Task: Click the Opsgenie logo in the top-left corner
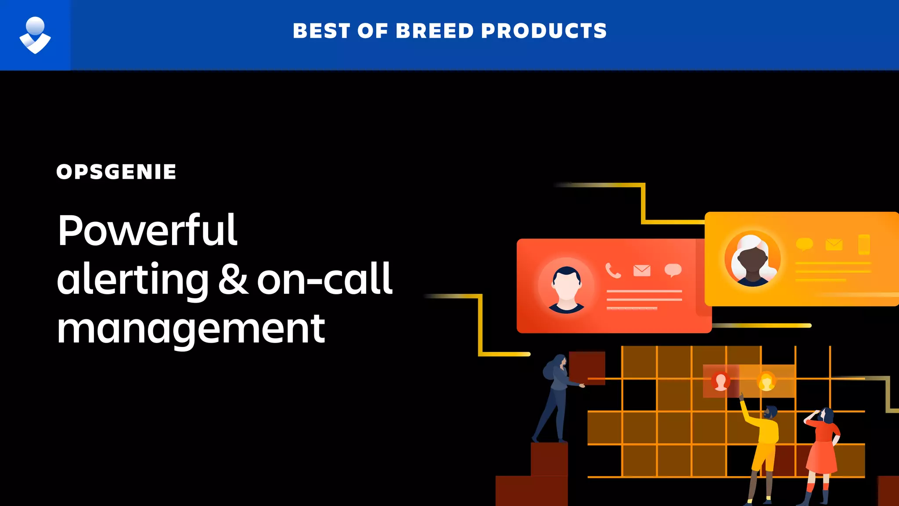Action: (x=35, y=35)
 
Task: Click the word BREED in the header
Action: (x=435, y=31)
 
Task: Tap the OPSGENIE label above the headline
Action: (x=116, y=172)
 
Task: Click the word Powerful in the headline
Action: (x=147, y=231)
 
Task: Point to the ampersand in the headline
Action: (x=233, y=279)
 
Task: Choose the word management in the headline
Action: (x=191, y=329)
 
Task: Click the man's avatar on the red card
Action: (x=566, y=288)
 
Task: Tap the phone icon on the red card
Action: (x=613, y=271)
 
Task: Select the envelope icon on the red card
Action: (x=642, y=270)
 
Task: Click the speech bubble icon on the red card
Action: (x=673, y=270)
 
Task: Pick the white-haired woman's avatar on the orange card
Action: (x=752, y=259)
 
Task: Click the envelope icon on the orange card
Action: (x=834, y=245)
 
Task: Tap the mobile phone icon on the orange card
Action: (x=863, y=245)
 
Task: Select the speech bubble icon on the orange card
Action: (x=804, y=244)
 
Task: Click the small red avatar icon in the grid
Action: (x=720, y=381)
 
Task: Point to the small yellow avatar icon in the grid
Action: (x=766, y=381)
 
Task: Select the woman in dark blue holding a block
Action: (x=555, y=395)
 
